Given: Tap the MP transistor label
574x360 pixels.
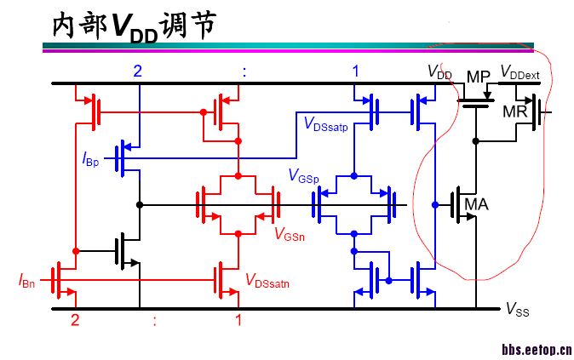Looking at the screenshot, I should click(x=478, y=77).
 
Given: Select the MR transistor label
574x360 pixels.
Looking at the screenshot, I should click(x=515, y=111).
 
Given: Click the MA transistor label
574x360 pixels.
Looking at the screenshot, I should click(x=476, y=203).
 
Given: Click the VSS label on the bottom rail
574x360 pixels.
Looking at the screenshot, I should click(x=518, y=311).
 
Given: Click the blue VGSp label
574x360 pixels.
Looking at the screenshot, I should click(x=303, y=176).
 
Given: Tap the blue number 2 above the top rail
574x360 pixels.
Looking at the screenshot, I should click(x=136, y=71).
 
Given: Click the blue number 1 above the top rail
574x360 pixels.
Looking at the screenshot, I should click(x=356, y=71).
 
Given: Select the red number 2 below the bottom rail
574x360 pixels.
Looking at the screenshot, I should click(x=74, y=321).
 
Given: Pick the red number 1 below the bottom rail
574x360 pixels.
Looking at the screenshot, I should click(x=238, y=321).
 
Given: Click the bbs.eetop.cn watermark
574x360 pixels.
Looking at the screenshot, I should click(x=536, y=349).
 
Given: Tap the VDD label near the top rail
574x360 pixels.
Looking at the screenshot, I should click(x=439, y=73).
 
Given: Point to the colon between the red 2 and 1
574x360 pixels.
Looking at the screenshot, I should click(x=155, y=322).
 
